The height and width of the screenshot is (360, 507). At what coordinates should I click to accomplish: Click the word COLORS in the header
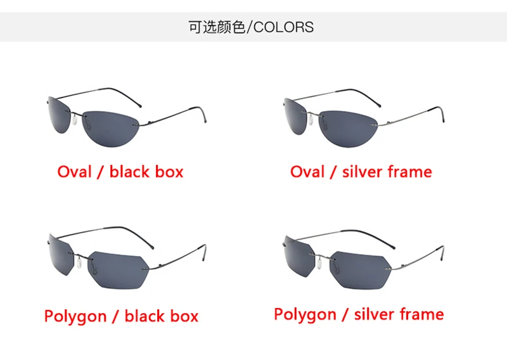point(283,27)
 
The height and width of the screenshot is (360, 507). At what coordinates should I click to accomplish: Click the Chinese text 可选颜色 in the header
point(216,27)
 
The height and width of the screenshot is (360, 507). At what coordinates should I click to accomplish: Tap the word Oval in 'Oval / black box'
point(75,172)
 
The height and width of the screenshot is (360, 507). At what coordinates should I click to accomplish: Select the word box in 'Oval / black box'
point(168,172)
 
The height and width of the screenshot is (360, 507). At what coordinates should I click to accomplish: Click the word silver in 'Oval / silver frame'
point(363,172)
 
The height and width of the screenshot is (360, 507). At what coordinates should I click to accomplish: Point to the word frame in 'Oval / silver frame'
point(411,172)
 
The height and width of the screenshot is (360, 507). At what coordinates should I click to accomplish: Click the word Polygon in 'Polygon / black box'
point(75,316)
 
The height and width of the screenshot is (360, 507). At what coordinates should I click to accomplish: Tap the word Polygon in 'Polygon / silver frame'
point(306,314)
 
